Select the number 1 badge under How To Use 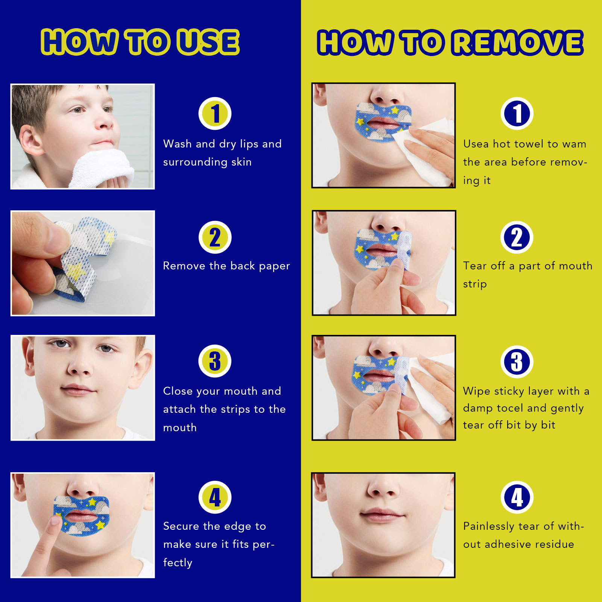tap(215, 113)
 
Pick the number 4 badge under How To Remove tap(517, 497)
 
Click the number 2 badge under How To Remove tap(517, 237)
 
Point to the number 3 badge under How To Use tap(215, 361)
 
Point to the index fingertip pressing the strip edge tap(56, 521)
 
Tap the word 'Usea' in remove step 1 tap(476, 144)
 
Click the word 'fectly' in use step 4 tap(178, 563)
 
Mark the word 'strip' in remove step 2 tap(475, 284)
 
